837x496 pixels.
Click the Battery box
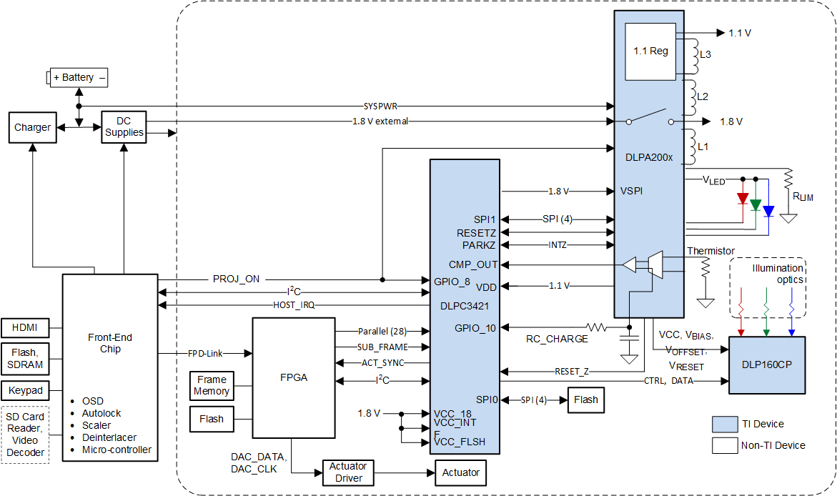click(x=79, y=77)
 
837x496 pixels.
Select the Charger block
click(x=32, y=127)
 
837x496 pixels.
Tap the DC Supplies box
click(x=124, y=127)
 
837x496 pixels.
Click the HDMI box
click(x=25, y=328)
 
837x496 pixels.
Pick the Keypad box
click(x=25, y=391)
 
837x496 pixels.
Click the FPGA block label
click(x=294, y=377)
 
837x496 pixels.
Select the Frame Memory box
click(x=212, y=385)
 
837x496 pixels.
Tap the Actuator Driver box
click(x=348, y=472)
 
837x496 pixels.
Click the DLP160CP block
click(x=766, y=364)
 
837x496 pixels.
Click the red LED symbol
click(x=743, y=198)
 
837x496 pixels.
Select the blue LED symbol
click(x=768, y=211)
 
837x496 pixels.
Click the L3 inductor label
click(x=705, y=54)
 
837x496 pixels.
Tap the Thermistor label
click(x=710, y=251)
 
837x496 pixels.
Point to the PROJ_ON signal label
click(x=236, y=279)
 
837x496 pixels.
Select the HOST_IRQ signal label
click(x=294, y=305)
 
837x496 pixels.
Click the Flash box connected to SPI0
click(x=585, y=400)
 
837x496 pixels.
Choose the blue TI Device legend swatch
click(x=725, y=424)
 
